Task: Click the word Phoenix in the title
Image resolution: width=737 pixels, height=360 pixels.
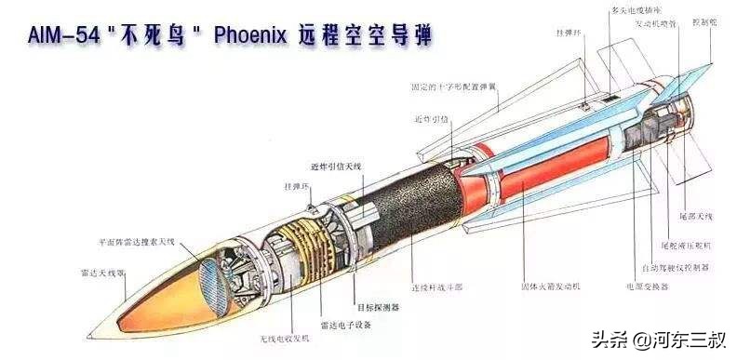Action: pyautogui.click(x=252, y=36)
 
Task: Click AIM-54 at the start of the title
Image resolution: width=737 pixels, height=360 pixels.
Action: pyautogui.click(x=51, y=36)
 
